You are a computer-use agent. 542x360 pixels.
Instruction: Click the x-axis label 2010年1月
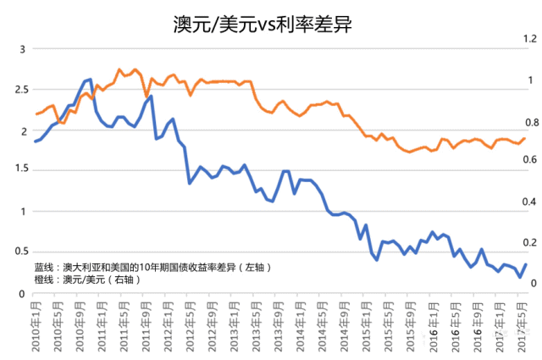(34, 326)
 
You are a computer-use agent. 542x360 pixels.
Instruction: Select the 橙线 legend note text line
(88, 279)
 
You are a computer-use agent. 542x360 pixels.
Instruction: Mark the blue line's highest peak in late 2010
(91, 79)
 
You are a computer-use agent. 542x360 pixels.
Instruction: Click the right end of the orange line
(524, 138)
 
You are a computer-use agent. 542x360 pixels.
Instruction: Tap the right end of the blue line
(525, 264)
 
